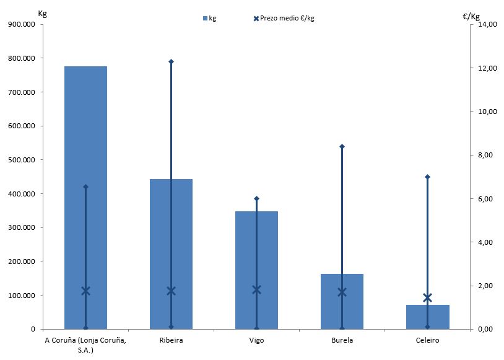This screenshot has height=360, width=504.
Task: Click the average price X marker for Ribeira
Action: pyautogui.click(x=172, y=291)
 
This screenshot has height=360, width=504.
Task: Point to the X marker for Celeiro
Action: pyautogui.click(x=427, y=297)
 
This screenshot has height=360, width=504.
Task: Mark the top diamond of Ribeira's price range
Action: pyautogui.click(x=172, y=61)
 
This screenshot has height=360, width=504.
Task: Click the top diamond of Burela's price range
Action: pyautogui.click(x=342, y=146)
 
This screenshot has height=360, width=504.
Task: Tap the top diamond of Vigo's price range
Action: pyautogui.click(x=257, y=198)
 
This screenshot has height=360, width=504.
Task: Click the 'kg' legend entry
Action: pyautogui.click(x=209, y=18)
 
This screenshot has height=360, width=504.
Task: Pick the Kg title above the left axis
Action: pyautogui.click(x=42, y=13)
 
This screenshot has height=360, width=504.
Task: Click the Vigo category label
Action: pyautogui.click(x=256, y=340)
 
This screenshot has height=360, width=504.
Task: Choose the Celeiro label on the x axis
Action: pyautogui.click(x=427, y=340)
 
